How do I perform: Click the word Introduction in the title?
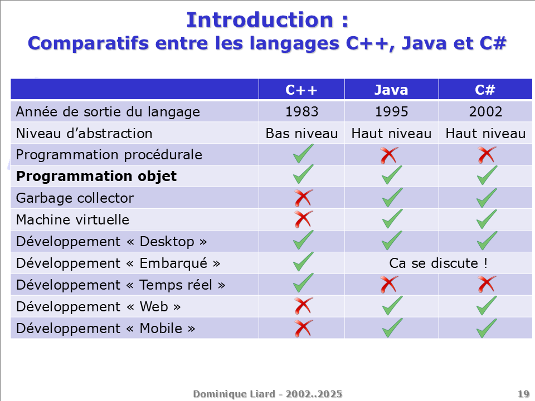(260, 20)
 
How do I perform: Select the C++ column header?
(301, 90)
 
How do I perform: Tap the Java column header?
(391, 90)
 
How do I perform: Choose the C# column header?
(485, 90)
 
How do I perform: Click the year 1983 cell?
(301, 112)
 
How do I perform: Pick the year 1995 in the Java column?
(391, 112)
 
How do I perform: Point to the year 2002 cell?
(485, 112)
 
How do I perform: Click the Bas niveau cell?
(301, 134)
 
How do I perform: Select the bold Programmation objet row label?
(96, 177)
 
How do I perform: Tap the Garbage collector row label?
(75, 198)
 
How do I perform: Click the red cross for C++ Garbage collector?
(303, 198)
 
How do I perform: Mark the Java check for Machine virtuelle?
(392, 219)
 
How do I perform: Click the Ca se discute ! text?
(439, 263)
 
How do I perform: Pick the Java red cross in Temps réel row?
(389, 285)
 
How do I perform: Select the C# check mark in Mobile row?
(487, 328)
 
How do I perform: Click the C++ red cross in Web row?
(303, 306)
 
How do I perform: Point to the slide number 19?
(523, 394)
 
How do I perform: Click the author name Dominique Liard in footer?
(234, 394)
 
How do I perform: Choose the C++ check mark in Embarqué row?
(303, 262)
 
